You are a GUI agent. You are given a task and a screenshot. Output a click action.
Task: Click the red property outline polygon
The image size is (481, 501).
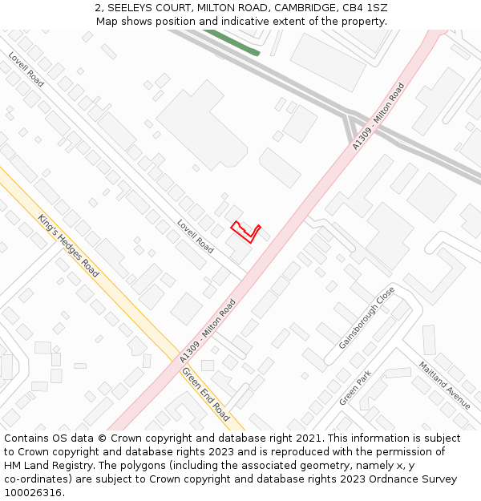click(x=245, y=231)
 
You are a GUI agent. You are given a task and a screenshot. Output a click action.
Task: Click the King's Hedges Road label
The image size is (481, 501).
click(x=68, y=245)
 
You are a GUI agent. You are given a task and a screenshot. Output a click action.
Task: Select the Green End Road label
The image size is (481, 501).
click(x=205, y=394)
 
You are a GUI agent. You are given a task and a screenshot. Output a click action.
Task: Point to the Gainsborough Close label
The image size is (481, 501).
click(x=366, y=317)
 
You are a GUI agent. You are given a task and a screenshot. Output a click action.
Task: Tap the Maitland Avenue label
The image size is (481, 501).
click(x=444, y=385)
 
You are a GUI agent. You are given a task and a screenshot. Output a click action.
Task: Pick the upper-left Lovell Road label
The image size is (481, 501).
click(x=26, y=69)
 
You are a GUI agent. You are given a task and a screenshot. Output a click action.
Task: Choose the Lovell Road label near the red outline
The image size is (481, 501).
click(x=195, y=236)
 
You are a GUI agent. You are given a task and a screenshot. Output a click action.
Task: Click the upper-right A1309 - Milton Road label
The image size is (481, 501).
click(x=378, y=115)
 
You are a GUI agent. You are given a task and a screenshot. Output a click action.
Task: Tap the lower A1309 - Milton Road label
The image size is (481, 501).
click(x=208, y=329)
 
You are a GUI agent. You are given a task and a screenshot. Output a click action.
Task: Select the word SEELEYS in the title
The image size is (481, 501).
click(x=137, y=8)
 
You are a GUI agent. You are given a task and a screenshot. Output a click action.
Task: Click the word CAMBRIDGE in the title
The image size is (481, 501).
click(x=301, y=8)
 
